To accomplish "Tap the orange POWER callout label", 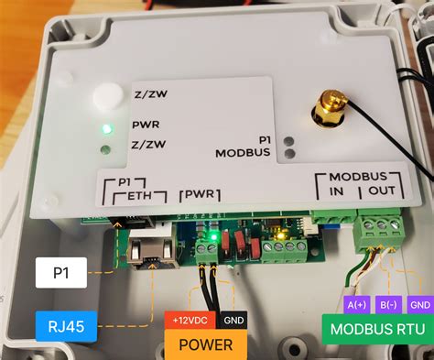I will (205, 344).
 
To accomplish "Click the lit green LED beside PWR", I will (107, 127).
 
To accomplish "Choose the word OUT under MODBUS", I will (381, 192).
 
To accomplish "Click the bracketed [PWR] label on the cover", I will (199, 194).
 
